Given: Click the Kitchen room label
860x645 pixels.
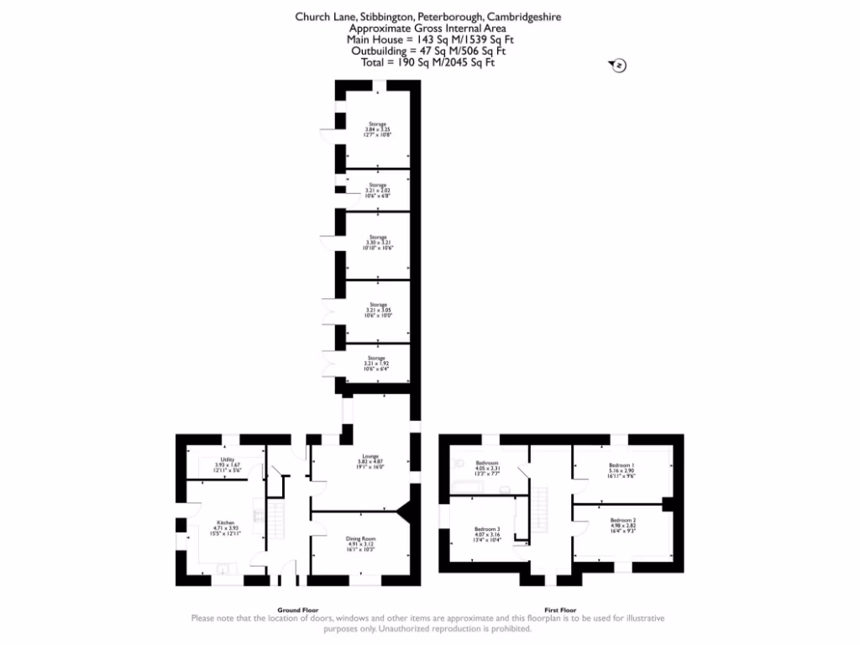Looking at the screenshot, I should pos(226,522).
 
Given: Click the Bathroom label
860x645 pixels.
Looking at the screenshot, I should pos(487,463).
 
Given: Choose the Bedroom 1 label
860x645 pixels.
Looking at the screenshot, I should pos(622,463).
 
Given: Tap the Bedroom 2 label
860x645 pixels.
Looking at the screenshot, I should pos(622,521).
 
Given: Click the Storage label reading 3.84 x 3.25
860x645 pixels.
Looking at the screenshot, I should pos(377,123).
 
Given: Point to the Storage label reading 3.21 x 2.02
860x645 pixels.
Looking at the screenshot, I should pos(377,185).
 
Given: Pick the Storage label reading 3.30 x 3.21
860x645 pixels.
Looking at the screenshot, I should pos(377,238).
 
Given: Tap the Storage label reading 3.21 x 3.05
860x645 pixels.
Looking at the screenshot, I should pos(377,305).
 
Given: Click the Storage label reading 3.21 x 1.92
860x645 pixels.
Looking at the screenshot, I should pos(377,358).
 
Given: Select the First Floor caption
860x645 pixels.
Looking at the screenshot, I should pos(559,610).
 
